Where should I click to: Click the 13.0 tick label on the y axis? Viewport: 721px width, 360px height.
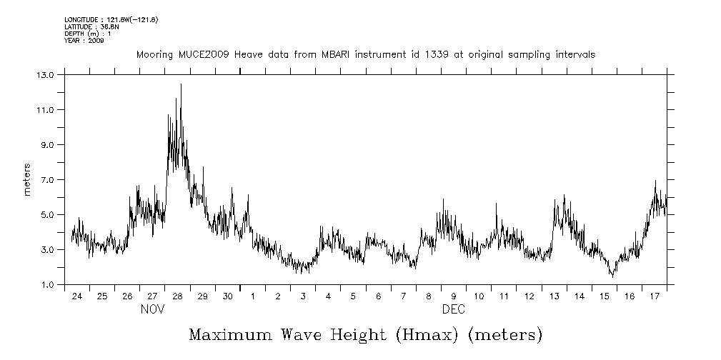(x=45, y=74)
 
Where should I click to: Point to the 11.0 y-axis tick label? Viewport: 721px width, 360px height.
(x=45, y=109)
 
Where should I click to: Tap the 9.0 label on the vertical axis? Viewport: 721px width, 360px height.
(x=47, y=144)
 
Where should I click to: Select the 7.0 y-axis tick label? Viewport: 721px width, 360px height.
(x=47, y=179)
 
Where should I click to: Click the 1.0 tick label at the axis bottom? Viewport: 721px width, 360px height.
(x=47, y=285)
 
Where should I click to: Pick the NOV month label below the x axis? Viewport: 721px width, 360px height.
(x=152, y=310)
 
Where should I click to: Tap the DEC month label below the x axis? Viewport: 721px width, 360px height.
(x=454, y=310)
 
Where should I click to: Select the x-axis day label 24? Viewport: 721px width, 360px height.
(x=77, y=296)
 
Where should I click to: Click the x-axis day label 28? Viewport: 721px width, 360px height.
(x=177, y=296)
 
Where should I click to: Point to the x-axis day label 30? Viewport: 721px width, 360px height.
(x=227, y=296)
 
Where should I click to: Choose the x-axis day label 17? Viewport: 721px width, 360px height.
(x=654, y=296)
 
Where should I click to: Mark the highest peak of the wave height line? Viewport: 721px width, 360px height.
(x=181, y=85)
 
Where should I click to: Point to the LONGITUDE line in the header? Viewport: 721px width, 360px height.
(x=111, y=19)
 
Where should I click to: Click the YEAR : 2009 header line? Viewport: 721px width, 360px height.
(x=84, y=41)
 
